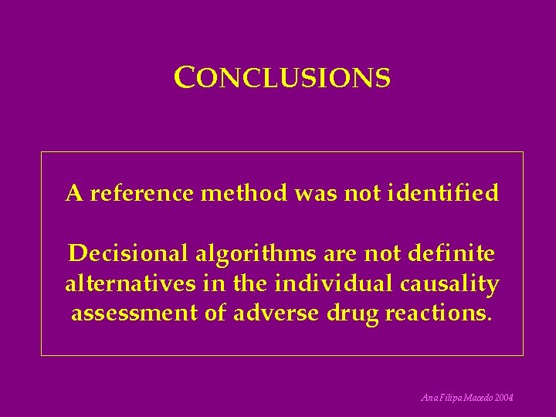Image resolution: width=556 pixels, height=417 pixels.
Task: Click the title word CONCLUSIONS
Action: point(283,78)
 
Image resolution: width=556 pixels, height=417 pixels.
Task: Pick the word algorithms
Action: point(248,254)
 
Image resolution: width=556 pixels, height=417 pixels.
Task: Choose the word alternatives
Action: point(131,283)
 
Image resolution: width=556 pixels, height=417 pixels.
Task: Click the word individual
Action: point(335,283)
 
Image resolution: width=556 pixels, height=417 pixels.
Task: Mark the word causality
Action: point(449,284)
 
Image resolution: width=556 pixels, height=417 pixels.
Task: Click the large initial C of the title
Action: point(183,77)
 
